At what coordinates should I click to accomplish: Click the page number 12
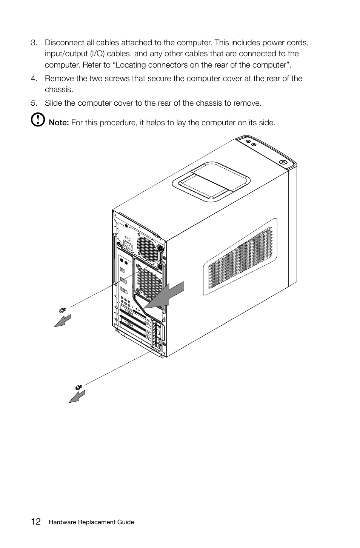click(x=36, y=522)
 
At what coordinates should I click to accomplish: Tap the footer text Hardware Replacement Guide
click(x=91, y=522)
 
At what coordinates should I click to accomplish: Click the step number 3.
click(x=34, y=43)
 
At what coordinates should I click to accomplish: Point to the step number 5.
click(x=34, y=103)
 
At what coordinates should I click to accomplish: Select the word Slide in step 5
click(x=53, y=103)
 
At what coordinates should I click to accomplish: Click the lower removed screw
click(x=78, y=387)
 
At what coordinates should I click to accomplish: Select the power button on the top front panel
click(x=283, y=161)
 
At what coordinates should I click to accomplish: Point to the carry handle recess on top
click(x=211, y=181)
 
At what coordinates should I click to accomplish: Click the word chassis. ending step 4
click(x=58, y=89)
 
